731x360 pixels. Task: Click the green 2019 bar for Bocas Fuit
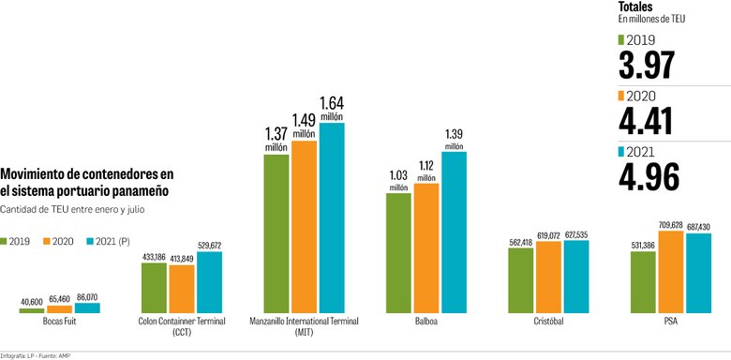pos(31,308)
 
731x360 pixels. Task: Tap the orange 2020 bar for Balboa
pos(426,247)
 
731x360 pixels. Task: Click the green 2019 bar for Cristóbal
pos(521,279)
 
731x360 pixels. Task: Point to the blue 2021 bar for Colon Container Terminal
pos(209,281)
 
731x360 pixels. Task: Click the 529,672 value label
pos(209,246)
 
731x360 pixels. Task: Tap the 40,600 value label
pos(31,300)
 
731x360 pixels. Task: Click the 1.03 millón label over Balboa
pos(398,179)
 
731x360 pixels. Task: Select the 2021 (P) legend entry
pos(112,241)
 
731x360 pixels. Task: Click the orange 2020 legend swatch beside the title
pos(48,241)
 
